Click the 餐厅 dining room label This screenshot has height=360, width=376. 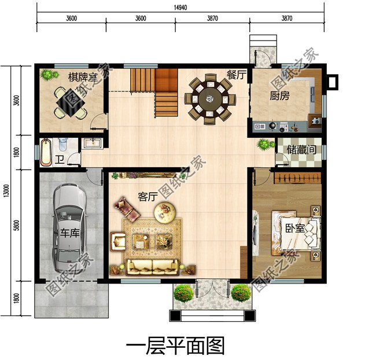237,74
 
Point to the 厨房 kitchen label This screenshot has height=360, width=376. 279,96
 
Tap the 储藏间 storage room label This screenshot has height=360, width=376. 301,149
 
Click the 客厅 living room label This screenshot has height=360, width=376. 148,197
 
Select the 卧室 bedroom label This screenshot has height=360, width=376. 294,228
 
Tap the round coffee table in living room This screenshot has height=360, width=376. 167,213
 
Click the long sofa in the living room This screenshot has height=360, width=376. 152,266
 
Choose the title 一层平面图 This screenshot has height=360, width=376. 175,346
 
